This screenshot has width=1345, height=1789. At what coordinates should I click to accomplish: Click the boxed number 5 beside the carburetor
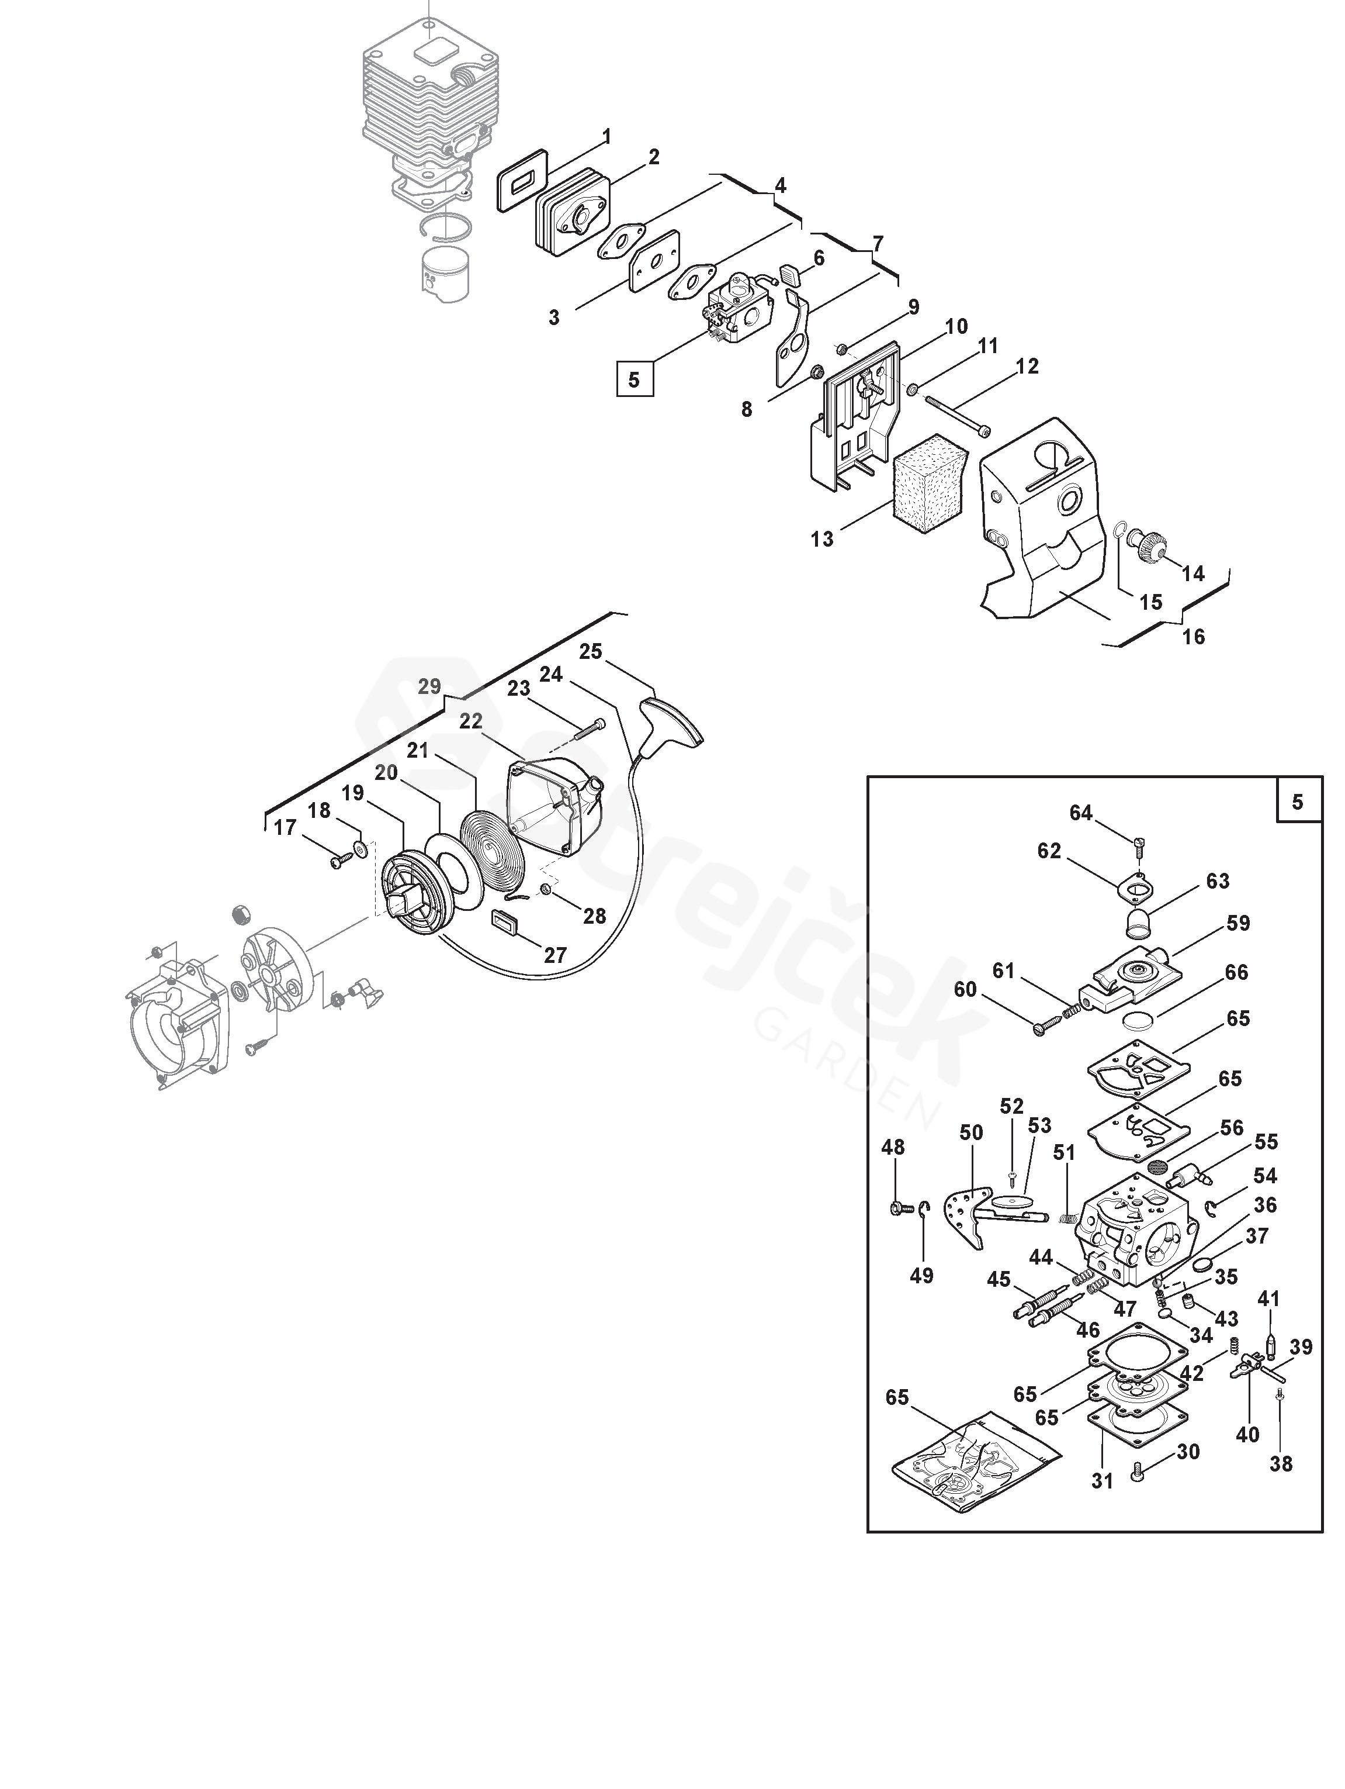pos(634,379)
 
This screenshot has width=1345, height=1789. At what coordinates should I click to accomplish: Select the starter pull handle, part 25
pos(672,721)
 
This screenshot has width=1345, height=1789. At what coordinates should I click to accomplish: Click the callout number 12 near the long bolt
pos(1027,367)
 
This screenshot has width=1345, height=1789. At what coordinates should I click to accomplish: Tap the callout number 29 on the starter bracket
pos(429,686)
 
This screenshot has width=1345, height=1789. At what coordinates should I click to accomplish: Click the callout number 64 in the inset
pos(1081,813)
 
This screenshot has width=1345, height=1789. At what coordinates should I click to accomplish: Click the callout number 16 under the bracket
pos(1193,637)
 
